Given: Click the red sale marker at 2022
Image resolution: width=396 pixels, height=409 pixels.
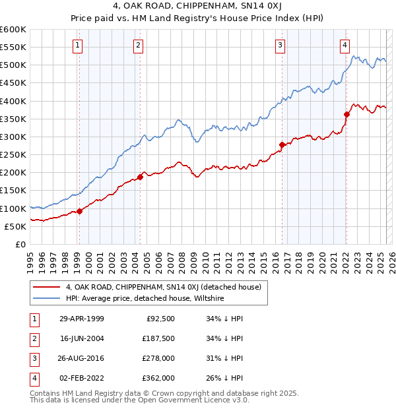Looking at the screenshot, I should pyautogui.click(x=346, y=114).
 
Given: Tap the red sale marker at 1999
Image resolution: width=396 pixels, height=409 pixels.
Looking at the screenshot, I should pyautogui.click(x=79, y=211).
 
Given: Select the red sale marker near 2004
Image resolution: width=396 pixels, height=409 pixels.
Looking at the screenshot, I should pyautogui.click(x=140, y=177).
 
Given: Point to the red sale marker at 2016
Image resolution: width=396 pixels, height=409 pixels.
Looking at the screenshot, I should pyautogui.click(x=282, y=144).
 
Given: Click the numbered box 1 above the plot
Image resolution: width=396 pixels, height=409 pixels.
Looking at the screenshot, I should pyautogui.click(x=78, y=45).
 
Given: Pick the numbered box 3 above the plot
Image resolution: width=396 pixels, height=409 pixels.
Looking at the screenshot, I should pyautogui.click(x=280, y=45).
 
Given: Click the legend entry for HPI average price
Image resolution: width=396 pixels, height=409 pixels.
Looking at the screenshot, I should pyautogui.click(x=145, y=298).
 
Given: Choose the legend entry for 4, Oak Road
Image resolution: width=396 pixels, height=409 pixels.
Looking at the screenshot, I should pyautogui.click(x=164, y=287).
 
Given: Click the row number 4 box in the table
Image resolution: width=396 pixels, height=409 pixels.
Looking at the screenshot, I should pyautogui.click(x=33, y=378).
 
